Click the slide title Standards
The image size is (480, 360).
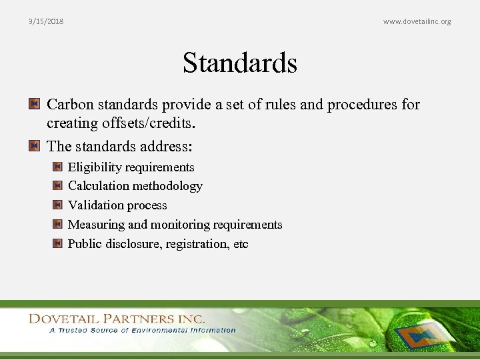point(240,63)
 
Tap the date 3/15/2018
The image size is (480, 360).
point(46,21)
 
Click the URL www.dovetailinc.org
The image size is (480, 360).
point(417,21)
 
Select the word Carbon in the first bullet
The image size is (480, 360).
point(71,105)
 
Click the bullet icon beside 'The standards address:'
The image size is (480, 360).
point(35,145)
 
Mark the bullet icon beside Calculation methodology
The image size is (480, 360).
point(57,186)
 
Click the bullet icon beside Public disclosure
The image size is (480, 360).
point(57,244)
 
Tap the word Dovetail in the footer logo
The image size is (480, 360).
point(66,319)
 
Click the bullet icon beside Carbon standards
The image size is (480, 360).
point(35,105)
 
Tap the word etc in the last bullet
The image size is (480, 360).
point(241,244)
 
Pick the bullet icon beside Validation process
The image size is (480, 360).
point(57,205)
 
